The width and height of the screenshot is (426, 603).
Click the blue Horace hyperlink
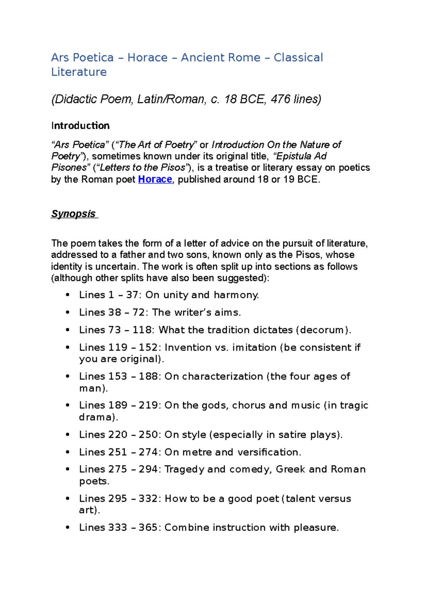(x=155, y=179)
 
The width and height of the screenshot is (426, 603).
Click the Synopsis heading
(x=73, y=214)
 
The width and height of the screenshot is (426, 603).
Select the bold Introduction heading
(x=80, y=126)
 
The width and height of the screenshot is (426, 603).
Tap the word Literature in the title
(x=79, y=72)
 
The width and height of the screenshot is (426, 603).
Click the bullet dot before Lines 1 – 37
(x=67, y=295)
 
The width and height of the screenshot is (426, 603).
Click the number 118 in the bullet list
(x=142, y=330)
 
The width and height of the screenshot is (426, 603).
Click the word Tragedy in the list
(x=184, y=469)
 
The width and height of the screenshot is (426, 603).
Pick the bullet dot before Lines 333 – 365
(x=67, y=528)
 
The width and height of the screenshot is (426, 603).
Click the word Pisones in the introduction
(x=69, y=168)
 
